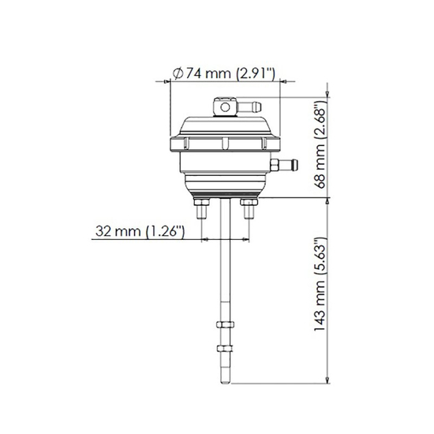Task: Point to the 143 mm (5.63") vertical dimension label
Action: click(319, 290)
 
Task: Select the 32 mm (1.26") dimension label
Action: click(139, 231)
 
